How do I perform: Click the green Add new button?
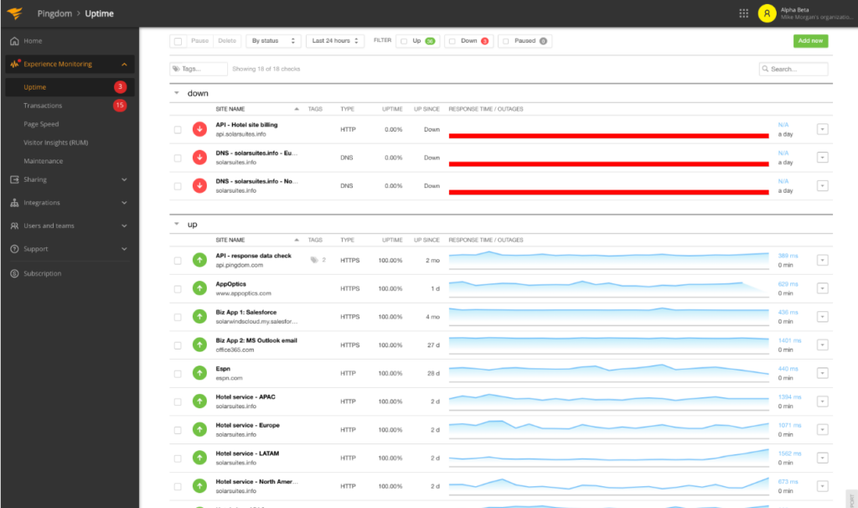[810, 40]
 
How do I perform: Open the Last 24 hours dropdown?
[334, 40]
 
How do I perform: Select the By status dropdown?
[272, 40]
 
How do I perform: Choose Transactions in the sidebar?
[43, 106]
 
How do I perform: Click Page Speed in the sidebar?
[41, 124]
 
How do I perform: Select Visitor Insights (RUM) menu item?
[56, 143]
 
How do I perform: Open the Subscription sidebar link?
[42, 273]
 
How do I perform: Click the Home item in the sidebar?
[33, 41]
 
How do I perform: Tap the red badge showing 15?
[120, 106]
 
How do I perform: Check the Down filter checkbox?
[451, 40]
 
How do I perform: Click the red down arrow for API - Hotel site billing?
[199, 129]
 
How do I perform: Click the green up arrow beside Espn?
[199, 373]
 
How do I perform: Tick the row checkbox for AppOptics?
[178, 288]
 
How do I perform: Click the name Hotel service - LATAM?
[247, 454]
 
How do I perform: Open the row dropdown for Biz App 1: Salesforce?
[822, 316]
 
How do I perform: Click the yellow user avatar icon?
[767, 13]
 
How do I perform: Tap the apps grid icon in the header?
[743, 13]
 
